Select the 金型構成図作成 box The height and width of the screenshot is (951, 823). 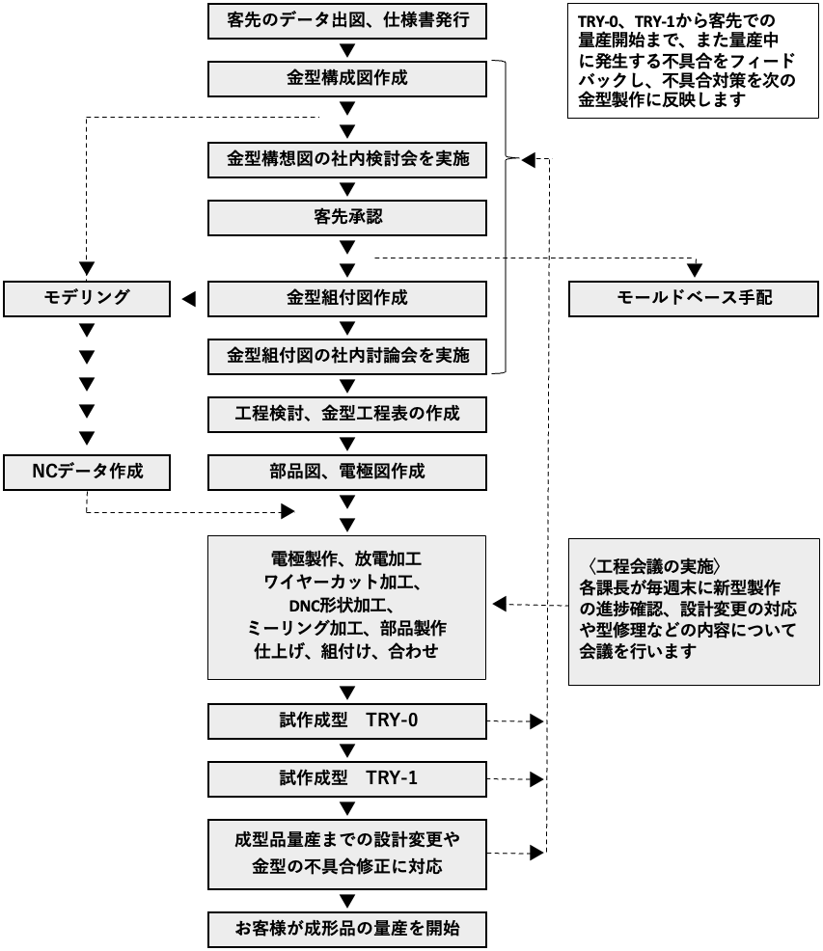(x=347, y=78)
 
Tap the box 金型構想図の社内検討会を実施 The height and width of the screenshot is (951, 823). (x=347, y=159)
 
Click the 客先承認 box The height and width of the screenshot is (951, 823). (x=347, y=218)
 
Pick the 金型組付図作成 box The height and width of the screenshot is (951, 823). (x=347, y=298)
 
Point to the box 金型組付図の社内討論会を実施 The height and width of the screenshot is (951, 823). (x=347, y=356)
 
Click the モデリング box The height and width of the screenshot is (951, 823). (x=88, y=298)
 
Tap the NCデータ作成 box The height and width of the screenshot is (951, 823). (x=88, y=472)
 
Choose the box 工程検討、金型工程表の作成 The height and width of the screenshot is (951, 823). (x=347, y=415)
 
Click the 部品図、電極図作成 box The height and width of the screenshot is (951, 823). (x=347, y=472)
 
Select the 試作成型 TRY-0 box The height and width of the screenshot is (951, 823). (x=347, y=720)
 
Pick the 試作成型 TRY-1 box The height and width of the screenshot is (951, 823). (x=347, y=778)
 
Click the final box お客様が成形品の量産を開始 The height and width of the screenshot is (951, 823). (x=347, y=930)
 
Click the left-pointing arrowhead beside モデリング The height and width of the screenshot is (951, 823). (x=189, y=299)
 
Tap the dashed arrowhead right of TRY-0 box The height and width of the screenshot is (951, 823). (x=537, y=720)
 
